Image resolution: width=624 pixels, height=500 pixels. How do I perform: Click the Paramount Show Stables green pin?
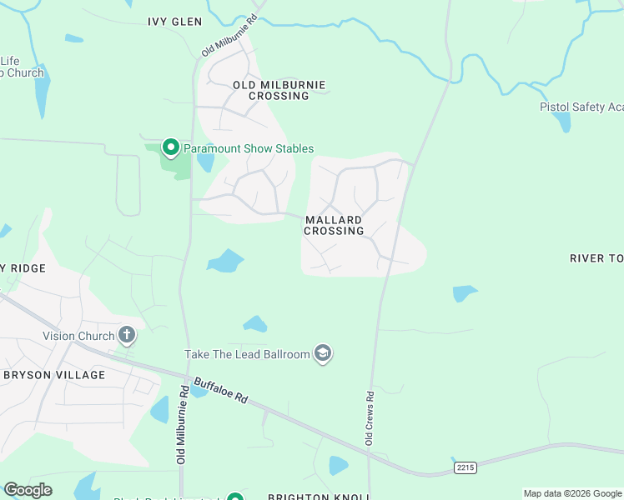point(171,147)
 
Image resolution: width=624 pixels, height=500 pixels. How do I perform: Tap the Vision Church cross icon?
point(127,336)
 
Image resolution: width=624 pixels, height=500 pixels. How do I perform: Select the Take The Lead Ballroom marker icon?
point(323,354)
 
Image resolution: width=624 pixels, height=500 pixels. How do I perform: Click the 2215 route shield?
point(465,468)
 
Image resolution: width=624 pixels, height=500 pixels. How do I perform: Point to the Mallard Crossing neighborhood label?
point(334,225)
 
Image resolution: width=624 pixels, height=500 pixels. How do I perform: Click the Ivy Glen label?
point(174,22)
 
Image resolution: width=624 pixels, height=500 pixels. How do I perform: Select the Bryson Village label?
point(54,375)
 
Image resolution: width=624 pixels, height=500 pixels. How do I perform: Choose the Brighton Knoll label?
point(318,497)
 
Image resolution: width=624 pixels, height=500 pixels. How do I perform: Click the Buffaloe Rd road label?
point(221,391)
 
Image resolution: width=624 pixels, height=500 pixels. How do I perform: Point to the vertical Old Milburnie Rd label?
point(181,425)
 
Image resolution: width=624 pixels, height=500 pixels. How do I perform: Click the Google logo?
point(28,490)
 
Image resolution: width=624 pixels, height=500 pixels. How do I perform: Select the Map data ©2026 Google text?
point(572,493)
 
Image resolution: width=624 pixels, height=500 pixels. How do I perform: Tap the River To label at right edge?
point(596,258)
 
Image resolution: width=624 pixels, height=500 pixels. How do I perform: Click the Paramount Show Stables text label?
point(249,148)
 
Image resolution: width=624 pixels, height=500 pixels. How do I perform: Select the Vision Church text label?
point(78,337)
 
